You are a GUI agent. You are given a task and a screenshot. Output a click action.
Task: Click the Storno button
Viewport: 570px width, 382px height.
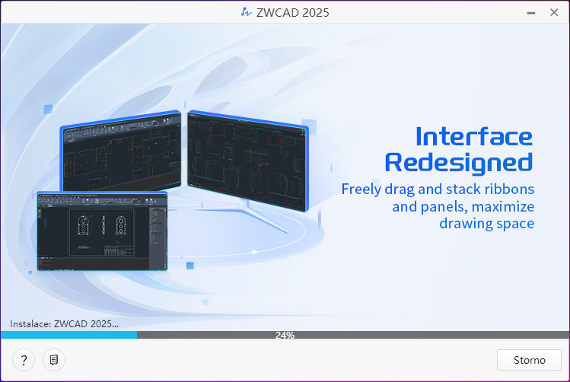(x=529, y=360)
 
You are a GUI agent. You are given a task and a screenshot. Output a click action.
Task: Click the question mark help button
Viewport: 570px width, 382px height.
(x=24, y=360)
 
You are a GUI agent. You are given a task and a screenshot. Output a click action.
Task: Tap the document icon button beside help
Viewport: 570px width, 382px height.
(x=54, y=360)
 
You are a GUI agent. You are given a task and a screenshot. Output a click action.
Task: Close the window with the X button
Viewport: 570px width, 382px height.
(x=554, y=12)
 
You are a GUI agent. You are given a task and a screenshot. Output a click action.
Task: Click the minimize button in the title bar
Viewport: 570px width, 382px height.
(x=531, y=13)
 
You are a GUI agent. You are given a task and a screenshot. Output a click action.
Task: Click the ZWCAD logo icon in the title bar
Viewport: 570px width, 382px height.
(x=246, y=12)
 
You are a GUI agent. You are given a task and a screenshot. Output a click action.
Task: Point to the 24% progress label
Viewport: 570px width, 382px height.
(x=285, y=335)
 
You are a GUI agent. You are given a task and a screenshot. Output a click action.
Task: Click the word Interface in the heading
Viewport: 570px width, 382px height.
(x=474, y=137)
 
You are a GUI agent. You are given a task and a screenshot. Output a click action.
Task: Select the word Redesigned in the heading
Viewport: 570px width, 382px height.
(x=459, y=163)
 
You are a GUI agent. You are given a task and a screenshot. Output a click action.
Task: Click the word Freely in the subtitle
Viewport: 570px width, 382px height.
(x=361, y=189)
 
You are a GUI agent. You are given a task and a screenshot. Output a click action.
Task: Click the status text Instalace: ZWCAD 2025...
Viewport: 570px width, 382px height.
(x=65, y=324)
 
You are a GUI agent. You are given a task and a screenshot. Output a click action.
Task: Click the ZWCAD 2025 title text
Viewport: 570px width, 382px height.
(x=293, y=13)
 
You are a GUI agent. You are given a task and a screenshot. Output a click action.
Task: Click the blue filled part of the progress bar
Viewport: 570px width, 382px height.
(x=69, y=335)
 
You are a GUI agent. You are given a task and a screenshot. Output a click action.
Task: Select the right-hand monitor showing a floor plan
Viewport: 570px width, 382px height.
(x=248, y=161)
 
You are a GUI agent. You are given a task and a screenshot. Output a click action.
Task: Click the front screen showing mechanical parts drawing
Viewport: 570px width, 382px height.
(x=102, y=231)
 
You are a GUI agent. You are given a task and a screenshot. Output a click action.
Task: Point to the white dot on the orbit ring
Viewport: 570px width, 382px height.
(x=254, y=252)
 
